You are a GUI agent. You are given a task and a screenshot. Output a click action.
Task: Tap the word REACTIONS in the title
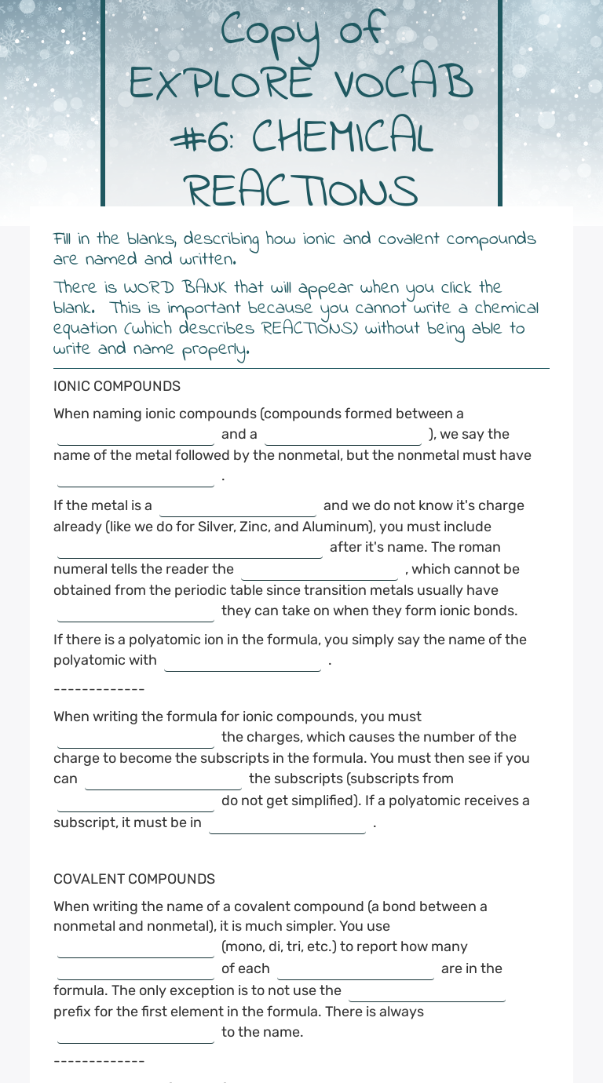tap(301, 191)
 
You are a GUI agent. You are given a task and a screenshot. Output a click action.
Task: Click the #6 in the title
tap(200, 137)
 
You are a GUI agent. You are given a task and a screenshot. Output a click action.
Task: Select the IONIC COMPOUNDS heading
tap(117, 386)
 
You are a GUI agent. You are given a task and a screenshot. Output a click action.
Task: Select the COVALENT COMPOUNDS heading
tap(134, 879)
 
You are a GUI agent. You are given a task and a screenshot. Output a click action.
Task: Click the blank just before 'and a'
tap(136, 436)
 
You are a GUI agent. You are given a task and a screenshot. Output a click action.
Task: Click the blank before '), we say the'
tap(343, 436)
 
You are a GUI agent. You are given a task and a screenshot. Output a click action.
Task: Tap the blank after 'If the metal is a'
tap(238, 507)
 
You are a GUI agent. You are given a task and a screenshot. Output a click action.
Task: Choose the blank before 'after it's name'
tap(189, 549)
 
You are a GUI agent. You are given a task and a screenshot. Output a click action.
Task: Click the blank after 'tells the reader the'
tap(320, 571)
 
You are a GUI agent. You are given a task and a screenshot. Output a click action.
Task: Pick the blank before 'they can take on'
tap(136, 612)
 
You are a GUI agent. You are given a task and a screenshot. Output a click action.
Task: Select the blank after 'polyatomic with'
tap(243, 662)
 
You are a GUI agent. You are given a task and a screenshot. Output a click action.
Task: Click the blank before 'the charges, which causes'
tap(136, 738)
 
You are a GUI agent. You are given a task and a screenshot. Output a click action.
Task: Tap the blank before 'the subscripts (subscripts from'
tap(163, 780)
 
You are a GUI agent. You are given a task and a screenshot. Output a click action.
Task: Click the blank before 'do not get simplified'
tap(136, 802)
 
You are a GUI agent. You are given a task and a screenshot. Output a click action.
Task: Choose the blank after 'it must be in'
tap(287, 824)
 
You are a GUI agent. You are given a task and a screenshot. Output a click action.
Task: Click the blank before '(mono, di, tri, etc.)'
tap(136, 948)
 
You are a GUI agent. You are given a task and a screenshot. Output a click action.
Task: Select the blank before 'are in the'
tap(356, 970)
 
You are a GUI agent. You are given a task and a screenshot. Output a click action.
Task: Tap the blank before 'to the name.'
tap(136, 1034)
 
